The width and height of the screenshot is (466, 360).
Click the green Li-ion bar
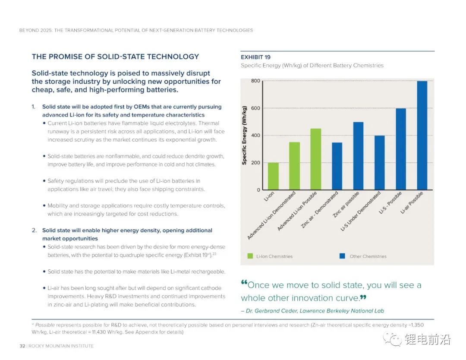[273, 176]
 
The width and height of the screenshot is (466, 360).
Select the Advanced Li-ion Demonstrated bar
[294, 166]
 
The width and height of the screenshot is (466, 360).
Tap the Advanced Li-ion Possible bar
[316, 159]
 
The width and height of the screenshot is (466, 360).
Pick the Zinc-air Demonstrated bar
[337, 166]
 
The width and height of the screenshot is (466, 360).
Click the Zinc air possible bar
[358, 156]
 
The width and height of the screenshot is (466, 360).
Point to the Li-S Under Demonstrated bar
[379, 163]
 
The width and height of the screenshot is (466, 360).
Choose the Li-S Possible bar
[401, 149]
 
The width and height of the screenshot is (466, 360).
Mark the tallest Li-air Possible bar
[422, 136]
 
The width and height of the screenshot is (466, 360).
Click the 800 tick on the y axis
[255, 81]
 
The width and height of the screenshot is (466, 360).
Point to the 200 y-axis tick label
[255, 163]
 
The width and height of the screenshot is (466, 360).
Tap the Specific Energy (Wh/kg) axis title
[244, 135]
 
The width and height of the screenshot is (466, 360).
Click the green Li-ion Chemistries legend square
[250, 256]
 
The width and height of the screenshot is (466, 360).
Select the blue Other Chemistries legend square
[342, 256]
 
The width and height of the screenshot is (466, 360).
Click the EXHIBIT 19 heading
[255, 57]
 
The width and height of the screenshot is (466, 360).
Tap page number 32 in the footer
[22, 346]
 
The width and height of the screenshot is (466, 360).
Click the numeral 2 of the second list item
[34, 231]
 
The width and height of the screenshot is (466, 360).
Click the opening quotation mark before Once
[244, 284]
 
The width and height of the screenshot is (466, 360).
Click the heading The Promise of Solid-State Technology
[115, 57]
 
